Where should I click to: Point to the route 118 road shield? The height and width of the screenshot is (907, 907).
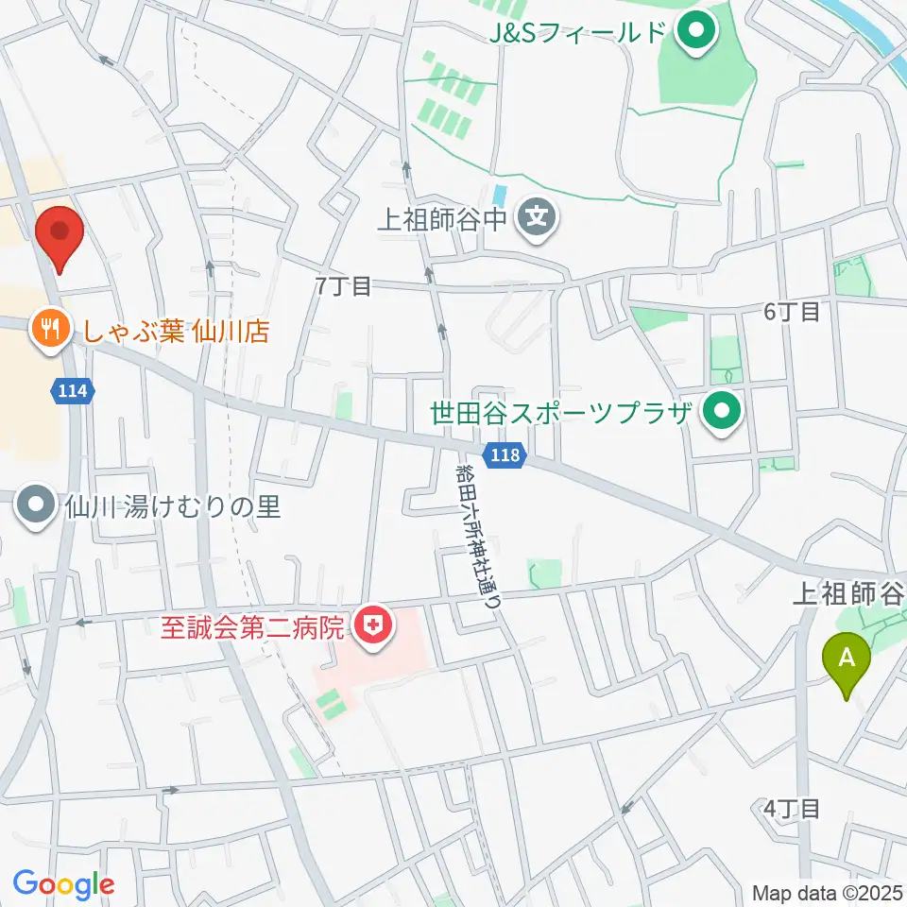[x=504, y=456]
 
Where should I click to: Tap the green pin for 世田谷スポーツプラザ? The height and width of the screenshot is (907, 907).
[x=724, y=414]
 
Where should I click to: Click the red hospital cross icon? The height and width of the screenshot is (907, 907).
[x=375, y=626]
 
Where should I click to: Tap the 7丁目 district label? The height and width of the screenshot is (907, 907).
[x=345, y=286]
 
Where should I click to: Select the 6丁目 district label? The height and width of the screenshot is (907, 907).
[x=792, y=312]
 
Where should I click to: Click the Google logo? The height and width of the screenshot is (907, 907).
[x=63, y=884]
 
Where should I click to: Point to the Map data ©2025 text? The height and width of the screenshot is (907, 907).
[x=825, y=892]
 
